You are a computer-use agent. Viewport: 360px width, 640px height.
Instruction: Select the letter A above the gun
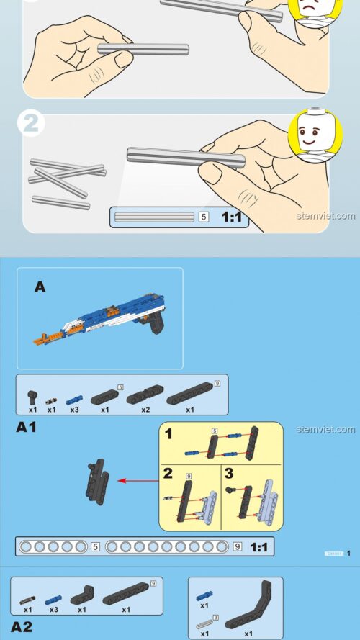(40, 287)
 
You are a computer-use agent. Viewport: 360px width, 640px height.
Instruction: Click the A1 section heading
(26, 428)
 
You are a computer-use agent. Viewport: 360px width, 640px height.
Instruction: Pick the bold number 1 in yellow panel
(168, 434)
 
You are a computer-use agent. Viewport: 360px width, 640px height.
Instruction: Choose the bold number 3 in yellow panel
(229, 473)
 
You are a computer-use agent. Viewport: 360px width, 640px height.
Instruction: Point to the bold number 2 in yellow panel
(168, 473)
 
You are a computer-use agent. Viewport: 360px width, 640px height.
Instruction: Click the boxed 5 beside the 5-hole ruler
(96, 547)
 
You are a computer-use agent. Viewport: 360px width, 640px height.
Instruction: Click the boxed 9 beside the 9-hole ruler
(238, 547)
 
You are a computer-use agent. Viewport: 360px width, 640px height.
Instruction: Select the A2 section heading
(22, 626)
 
